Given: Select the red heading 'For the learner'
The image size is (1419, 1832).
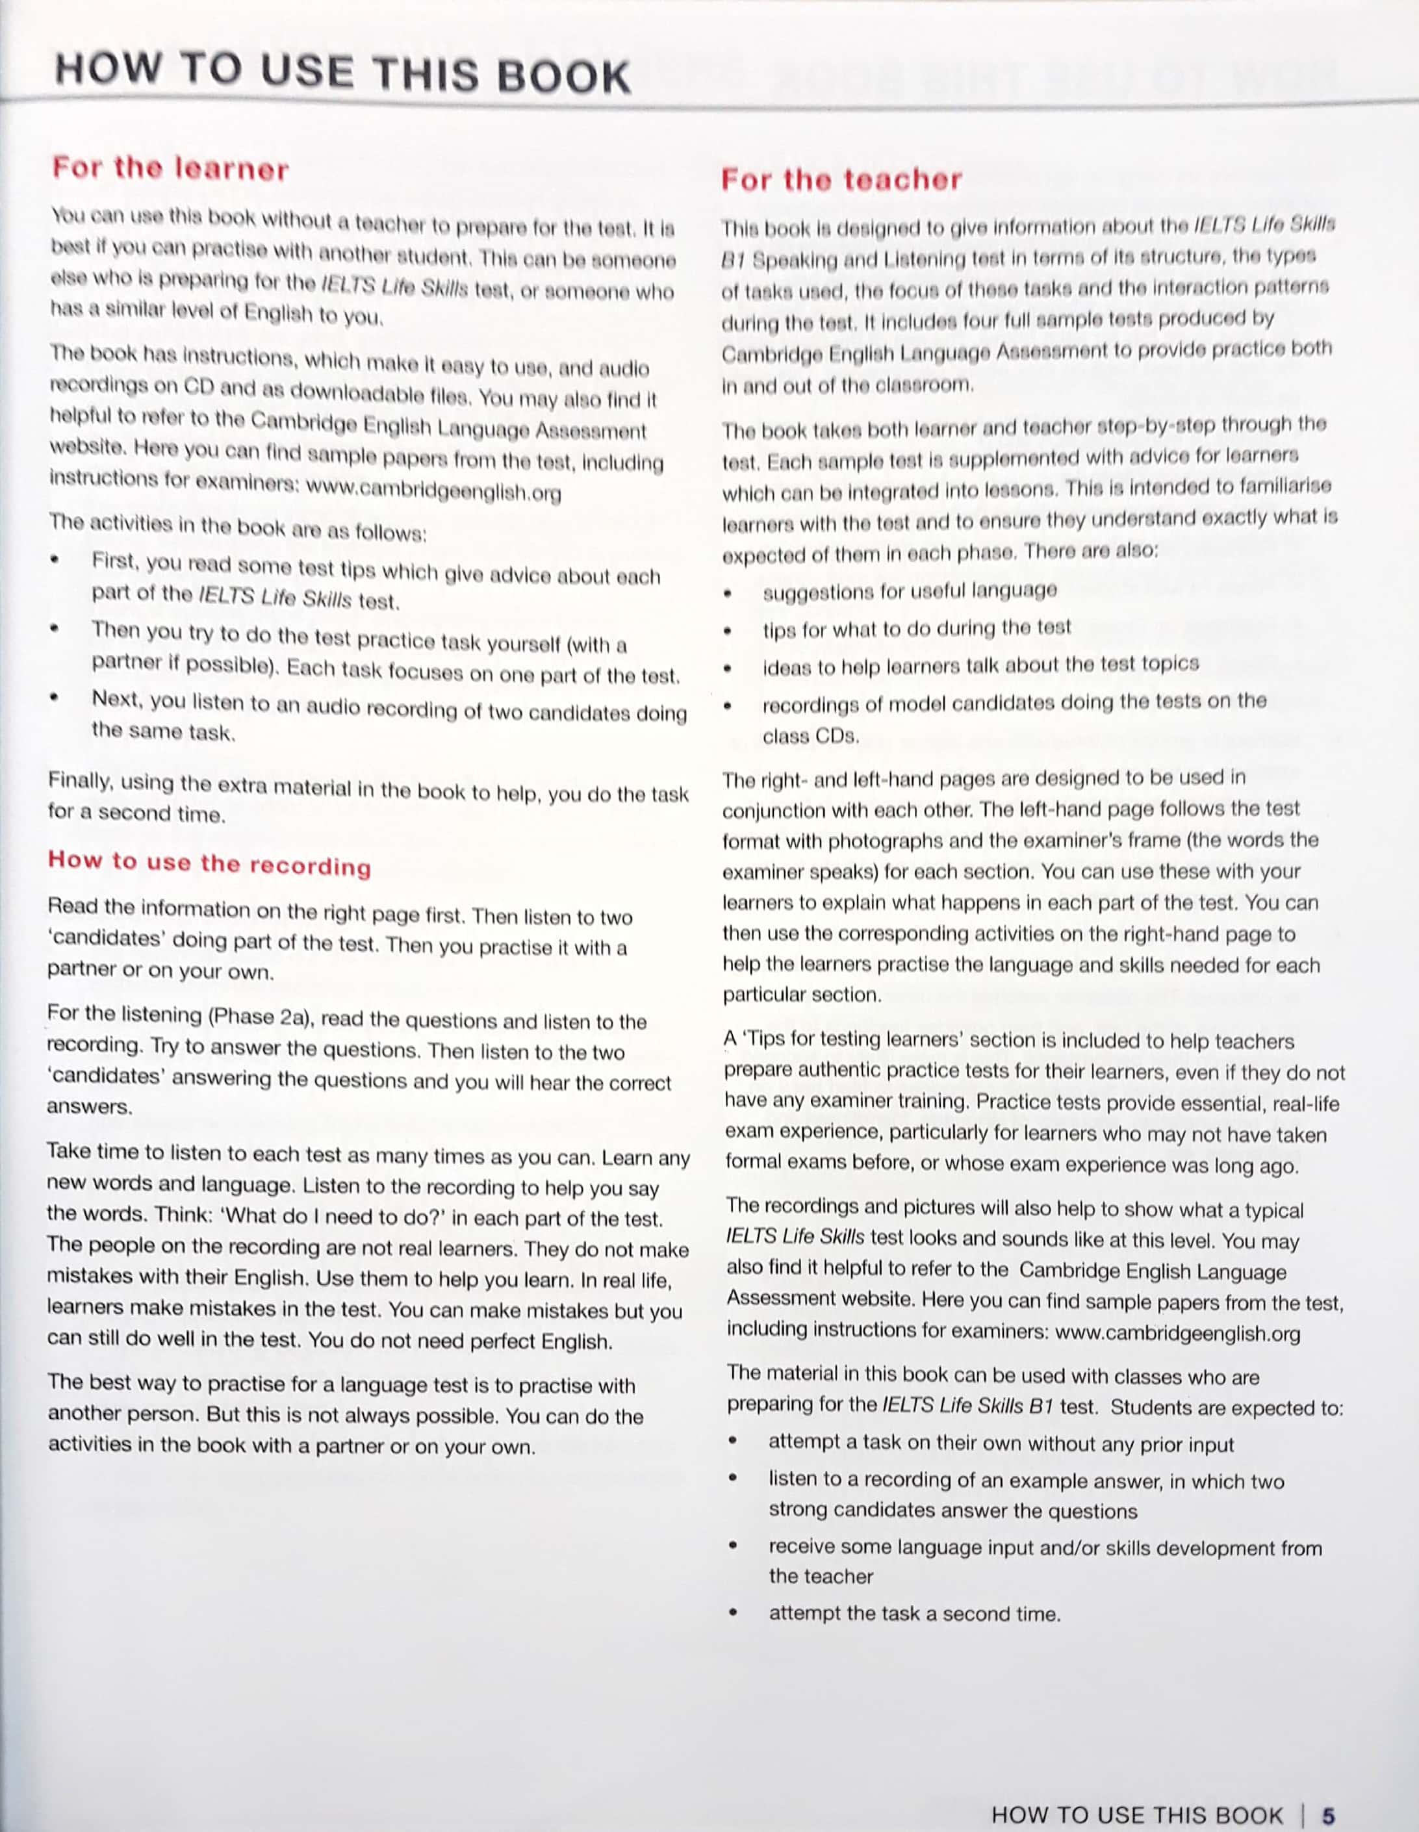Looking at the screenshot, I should click(x=170, y=169).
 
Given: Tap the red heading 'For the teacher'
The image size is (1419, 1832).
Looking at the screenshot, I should click(x=841, y=179).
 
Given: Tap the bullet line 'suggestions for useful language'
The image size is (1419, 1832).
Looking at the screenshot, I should click(x=910, y=591).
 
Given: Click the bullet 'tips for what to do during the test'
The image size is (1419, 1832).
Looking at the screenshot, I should click(x=916, y=628).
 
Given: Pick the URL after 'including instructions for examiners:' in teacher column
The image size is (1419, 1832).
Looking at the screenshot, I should click(x=1177, y=1333).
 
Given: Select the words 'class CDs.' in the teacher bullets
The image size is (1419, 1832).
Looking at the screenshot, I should click(x=811, y=737).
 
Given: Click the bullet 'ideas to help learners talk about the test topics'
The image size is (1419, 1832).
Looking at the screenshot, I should click(x=980, y=665).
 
